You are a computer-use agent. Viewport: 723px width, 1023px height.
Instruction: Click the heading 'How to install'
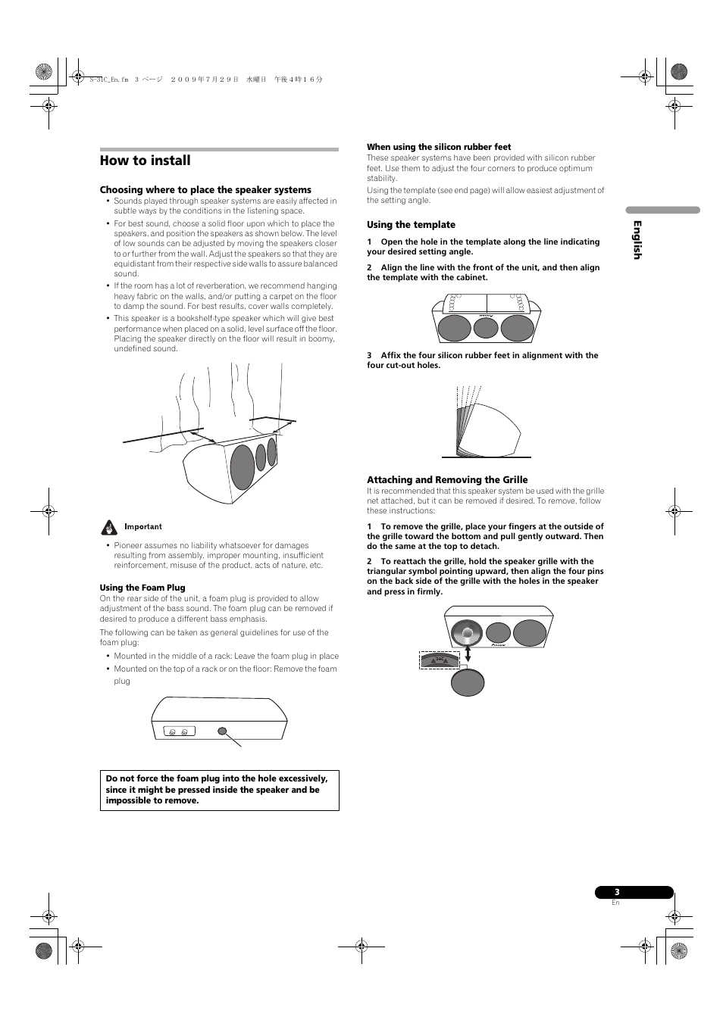point(145,161)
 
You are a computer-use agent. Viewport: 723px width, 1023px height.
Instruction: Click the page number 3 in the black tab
point(617,892)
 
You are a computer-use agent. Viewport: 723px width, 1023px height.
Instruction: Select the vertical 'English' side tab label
point(637,240)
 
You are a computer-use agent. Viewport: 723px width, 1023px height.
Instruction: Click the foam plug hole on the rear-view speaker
point(222,731)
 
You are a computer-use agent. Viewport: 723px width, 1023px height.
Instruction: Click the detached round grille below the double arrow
point(468,682)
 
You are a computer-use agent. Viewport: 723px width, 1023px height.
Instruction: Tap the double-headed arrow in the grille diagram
point(468,653)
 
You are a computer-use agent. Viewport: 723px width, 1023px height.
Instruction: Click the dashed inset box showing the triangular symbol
point(440,661)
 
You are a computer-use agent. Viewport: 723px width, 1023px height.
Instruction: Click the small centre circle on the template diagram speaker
point(485,328)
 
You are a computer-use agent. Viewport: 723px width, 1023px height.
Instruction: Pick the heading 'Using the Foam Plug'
point(142,588)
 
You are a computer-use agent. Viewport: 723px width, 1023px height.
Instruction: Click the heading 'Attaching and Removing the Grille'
point(447,480)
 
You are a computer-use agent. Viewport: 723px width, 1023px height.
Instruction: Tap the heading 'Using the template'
point(411,225)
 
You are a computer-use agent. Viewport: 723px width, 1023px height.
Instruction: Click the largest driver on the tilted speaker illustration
point(243,467)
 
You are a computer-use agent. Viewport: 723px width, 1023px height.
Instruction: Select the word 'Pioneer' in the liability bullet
point(128,545)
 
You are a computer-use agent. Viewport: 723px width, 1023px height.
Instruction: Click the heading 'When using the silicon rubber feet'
point(439,147)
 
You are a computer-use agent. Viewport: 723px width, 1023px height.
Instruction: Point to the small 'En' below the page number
point(615,903)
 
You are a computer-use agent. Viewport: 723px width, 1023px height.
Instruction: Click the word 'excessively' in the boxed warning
point(301,778)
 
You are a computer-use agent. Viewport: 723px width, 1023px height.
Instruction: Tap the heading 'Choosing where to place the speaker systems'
point(205,190)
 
